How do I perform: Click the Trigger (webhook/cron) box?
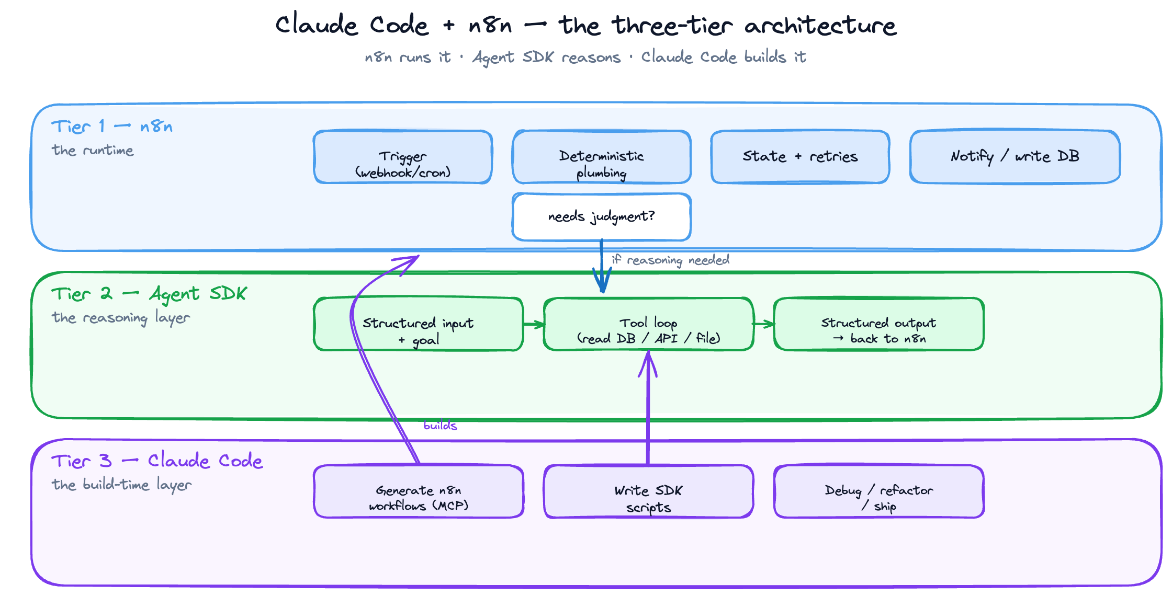pyautogui.click(x=403, y=157)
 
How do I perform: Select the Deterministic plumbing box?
pyautogui.click(x=602, y=157)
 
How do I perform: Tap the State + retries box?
pyautogui.click(x=800, y=157)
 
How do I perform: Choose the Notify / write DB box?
pyautogui.click(x=1015, y=157)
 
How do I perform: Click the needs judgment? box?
pyautogui.click(x=602, y=217)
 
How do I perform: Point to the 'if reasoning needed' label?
pyautogui.click(x=670, y=260)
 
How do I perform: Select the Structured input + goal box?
pyautogui.click(x=419, y=324)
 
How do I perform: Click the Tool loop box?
pyautogui.click(x=648, y=324)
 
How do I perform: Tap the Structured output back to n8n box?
pyautogui.click(x=878, y=324)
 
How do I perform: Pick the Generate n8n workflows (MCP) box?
pyautogui.click(x=419, y=491)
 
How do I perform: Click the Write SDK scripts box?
pyautogui.click(x=648, y=491)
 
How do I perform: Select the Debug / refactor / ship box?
pyautogui.click(x=878, y=491)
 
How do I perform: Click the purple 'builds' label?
pyautogui.click(x=440, y=426)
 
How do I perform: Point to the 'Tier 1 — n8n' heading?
pyautogui.click(x=112, y=127)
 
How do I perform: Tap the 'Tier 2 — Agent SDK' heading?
pyautogui.click(x=149, y=294)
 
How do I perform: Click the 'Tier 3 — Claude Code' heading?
pyautogui.click(x=157, y=461)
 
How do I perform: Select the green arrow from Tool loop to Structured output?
pyautogui.click(x=764, y=324)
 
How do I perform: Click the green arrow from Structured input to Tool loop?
pyautogui.click(x=534, y=325)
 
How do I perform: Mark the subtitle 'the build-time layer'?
pyautogui.click(x=121, y=485)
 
